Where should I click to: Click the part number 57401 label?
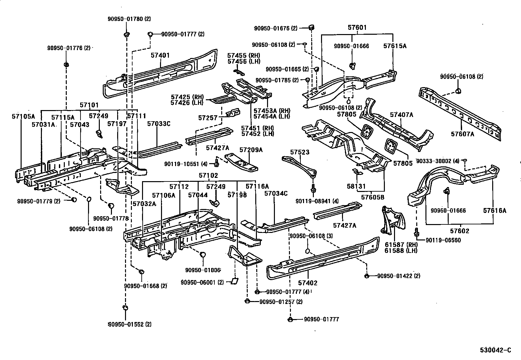click(x=160, y=55)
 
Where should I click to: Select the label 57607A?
click(x=462, y=134)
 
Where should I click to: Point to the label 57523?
click(x=300, y=152)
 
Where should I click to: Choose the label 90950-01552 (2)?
click(x=130, y=325)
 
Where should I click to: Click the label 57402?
click(x=308, y=283)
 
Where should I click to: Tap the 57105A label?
click(x=23, y=116)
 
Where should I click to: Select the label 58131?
click(x=356, y=186)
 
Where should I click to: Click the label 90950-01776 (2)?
click(x=68, y=48)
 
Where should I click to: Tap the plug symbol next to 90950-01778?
click(x=111, y=205)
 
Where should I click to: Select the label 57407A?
click(x=402, y=115)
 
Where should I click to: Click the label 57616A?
click(x=494, y=211)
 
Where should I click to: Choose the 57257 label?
click(x=208, y=117)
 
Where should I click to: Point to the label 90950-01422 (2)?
click(x=398, y=276)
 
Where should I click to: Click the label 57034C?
click(x=276, y=194)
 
